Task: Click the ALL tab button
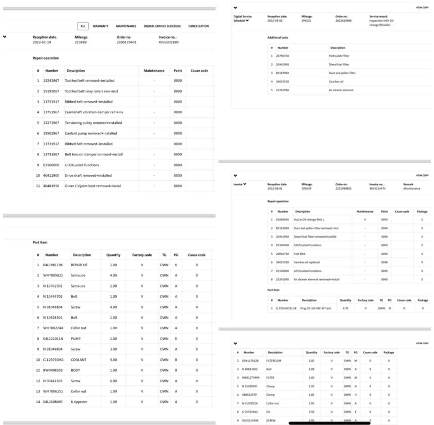83,26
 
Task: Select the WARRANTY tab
101,26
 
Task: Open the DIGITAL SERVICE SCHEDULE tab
162,26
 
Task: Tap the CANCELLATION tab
198,26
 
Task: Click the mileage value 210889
81,42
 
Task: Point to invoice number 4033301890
169,42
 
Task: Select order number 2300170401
126,42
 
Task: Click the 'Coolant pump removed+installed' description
91,133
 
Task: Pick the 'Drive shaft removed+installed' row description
88,175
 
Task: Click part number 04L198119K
53,265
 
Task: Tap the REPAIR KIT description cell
79,265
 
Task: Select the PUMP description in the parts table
76,339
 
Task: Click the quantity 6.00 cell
113,381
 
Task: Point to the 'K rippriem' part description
79,402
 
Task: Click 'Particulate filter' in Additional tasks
339,56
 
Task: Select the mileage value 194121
306,21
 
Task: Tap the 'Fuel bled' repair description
299,254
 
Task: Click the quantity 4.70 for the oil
345,308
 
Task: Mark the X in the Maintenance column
365,220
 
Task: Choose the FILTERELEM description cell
274,361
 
